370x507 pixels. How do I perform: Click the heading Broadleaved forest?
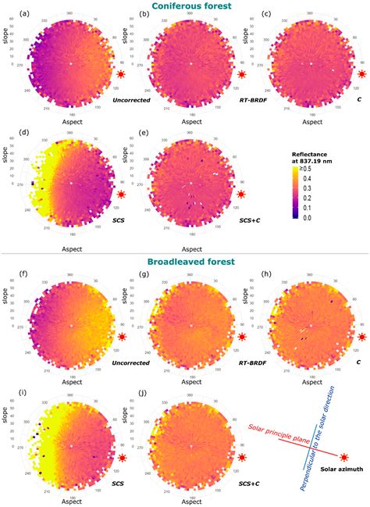pyautogui.click(x=185, y=264)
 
